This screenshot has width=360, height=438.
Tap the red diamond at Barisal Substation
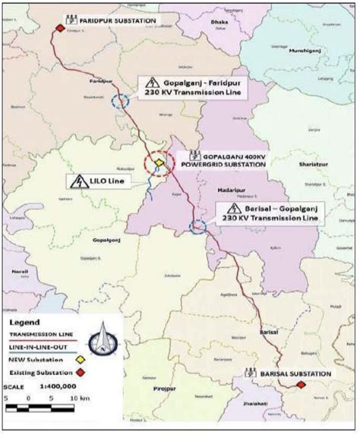coord(301,385)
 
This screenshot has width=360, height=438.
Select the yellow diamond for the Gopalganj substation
coord(158,162)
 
